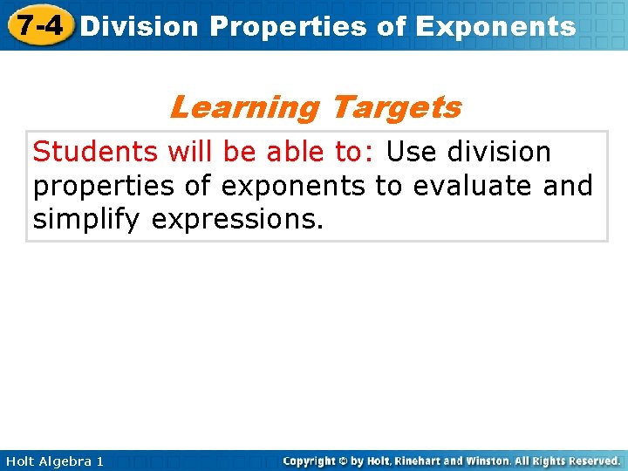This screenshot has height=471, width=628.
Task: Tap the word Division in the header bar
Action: pyautogui.click(x=140, y=26)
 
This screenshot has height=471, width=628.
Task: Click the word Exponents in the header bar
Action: pyautogui.click(x=495, y=26)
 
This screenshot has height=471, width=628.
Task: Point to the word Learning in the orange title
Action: pyautogui.click(x=245, y=107)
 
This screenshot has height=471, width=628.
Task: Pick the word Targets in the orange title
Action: pyautogui.click(x=396, y=107)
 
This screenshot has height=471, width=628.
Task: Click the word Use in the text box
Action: pyautogui.click(x=413, y=152)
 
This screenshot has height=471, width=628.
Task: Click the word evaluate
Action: pyautogui.click(x=468, y=186)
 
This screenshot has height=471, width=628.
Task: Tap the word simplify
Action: pyautogui.click(x=87, y=220)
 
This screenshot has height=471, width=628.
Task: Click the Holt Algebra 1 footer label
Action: pyautogui.click(x=52, y=461)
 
